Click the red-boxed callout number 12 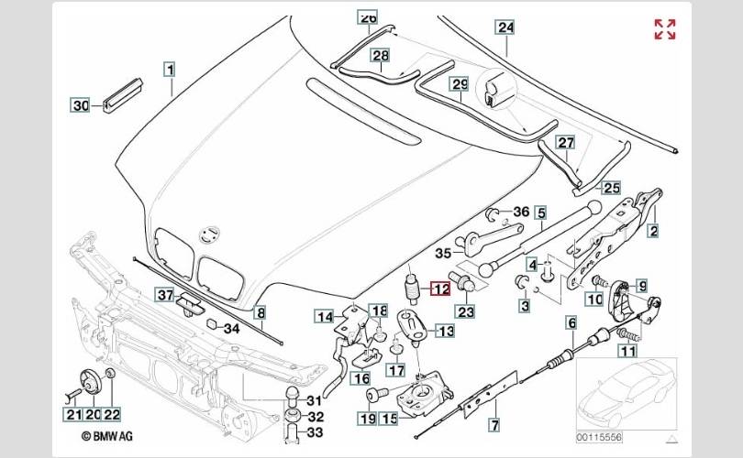(440, 289)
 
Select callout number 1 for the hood (170, 70)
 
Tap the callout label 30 (81, 105)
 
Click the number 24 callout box (505, 27)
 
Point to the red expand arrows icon (665, 29)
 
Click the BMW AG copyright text (107, 436)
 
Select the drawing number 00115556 (599, 437)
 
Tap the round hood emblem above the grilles (209, 234)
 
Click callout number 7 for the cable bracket (494, 424)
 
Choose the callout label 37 (165, 295)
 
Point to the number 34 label (232, 328)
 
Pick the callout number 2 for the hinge (654, 231)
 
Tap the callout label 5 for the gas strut (541, 213)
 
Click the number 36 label (521, 212)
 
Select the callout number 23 (465, 311)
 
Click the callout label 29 (460, 84)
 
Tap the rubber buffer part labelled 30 (123, 94)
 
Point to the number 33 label (315, 432)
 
